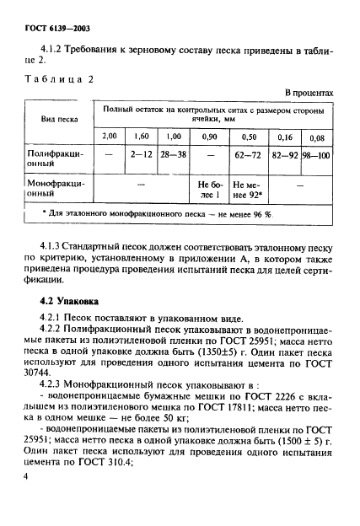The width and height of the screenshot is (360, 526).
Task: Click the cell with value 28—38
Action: (173, 155)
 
